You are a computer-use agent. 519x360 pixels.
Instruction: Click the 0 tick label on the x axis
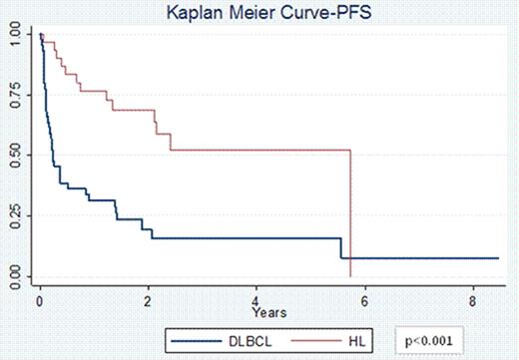[x=40, y=298]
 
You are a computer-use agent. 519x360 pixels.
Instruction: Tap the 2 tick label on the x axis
[x=148, y=298]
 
